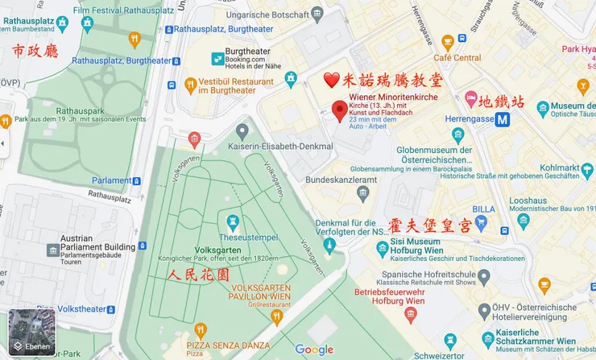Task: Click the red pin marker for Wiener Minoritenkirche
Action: (x=339, y=110)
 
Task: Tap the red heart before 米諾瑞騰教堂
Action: (x=331, y=81)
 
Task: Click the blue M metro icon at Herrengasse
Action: (x=503, y=120)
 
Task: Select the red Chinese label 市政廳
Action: (x=35, y=52)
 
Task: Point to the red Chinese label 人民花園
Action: (x=198, y=275)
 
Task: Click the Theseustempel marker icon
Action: (x=234, y=219)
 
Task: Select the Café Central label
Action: (x=457, y=58)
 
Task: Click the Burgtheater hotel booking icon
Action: (x=217, y=59)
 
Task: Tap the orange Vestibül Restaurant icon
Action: (x=190, y=84)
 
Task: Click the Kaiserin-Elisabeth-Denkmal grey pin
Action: (x=242, y=130)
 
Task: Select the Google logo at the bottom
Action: (x=314, y=349)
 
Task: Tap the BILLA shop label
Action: (x=484, y=208)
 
